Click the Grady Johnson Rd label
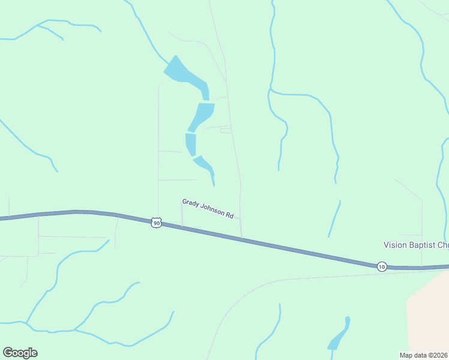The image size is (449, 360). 208,209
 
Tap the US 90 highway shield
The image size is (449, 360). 156,223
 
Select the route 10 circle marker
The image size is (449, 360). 382,266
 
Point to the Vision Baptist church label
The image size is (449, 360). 416,245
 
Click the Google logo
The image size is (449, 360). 20,353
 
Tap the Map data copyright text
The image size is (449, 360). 424,355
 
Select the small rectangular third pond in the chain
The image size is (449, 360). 191,143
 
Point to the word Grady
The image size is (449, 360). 191,203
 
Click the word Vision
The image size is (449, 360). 394,245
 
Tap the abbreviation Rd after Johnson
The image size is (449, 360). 230,215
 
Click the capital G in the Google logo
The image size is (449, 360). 8,352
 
